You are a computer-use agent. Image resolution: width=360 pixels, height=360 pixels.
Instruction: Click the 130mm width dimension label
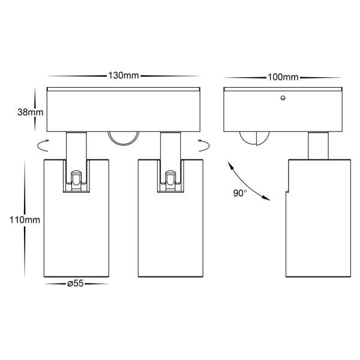124,76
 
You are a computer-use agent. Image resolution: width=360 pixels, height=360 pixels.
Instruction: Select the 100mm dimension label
283,77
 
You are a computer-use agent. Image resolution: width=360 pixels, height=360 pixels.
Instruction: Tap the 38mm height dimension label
31,112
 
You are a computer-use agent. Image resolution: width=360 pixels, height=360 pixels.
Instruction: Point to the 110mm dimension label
25,220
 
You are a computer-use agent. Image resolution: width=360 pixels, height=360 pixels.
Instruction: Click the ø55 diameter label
76,284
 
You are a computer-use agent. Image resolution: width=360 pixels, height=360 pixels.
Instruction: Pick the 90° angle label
240,193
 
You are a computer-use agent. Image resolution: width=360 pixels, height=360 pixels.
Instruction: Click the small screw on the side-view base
283,98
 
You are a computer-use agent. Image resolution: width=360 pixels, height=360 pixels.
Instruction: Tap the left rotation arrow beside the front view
43,146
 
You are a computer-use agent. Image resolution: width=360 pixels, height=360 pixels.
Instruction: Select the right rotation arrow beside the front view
204,146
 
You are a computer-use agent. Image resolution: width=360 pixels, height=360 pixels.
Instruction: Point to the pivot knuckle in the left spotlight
76,181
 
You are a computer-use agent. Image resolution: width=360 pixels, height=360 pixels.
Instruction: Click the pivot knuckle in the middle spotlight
170,181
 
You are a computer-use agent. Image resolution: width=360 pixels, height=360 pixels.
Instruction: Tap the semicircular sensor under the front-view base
124,139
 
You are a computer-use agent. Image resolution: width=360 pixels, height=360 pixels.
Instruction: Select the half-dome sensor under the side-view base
254,139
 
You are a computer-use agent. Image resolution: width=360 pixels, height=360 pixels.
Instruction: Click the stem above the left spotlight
76,146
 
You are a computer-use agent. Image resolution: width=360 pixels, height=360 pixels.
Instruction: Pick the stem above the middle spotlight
170,146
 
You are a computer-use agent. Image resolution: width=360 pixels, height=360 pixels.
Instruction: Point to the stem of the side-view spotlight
318,146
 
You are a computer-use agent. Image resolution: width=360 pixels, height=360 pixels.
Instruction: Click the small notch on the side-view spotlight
287,191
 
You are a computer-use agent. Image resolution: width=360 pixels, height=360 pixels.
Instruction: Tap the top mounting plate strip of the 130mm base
124,89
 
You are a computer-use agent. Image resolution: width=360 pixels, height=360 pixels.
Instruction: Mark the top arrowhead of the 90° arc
230,166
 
